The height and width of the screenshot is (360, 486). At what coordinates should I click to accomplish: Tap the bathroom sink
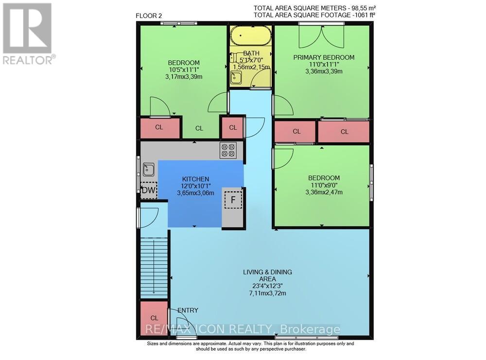click(236, 77)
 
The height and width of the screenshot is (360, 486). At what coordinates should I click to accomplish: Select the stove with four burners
click(228, 150)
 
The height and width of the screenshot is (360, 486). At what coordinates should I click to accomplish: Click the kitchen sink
click(149, 170)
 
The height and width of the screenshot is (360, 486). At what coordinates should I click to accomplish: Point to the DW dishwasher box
click(149, 190)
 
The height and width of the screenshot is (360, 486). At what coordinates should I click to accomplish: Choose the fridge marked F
click(233, 199)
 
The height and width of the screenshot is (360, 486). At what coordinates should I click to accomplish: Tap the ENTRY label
click(188, 310)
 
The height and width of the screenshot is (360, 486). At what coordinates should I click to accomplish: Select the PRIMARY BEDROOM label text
click(324, 57)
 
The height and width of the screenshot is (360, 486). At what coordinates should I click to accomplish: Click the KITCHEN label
click(195, 179)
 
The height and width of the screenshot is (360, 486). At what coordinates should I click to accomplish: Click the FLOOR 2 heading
click(149, 16)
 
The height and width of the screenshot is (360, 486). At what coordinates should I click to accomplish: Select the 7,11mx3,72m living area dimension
click(267, 293)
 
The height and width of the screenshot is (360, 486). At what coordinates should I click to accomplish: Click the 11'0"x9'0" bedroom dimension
click(324, 185)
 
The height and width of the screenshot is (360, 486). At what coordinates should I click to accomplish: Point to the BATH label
click(251, 53)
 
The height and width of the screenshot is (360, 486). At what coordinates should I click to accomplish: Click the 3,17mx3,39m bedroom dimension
click(184, 76)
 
